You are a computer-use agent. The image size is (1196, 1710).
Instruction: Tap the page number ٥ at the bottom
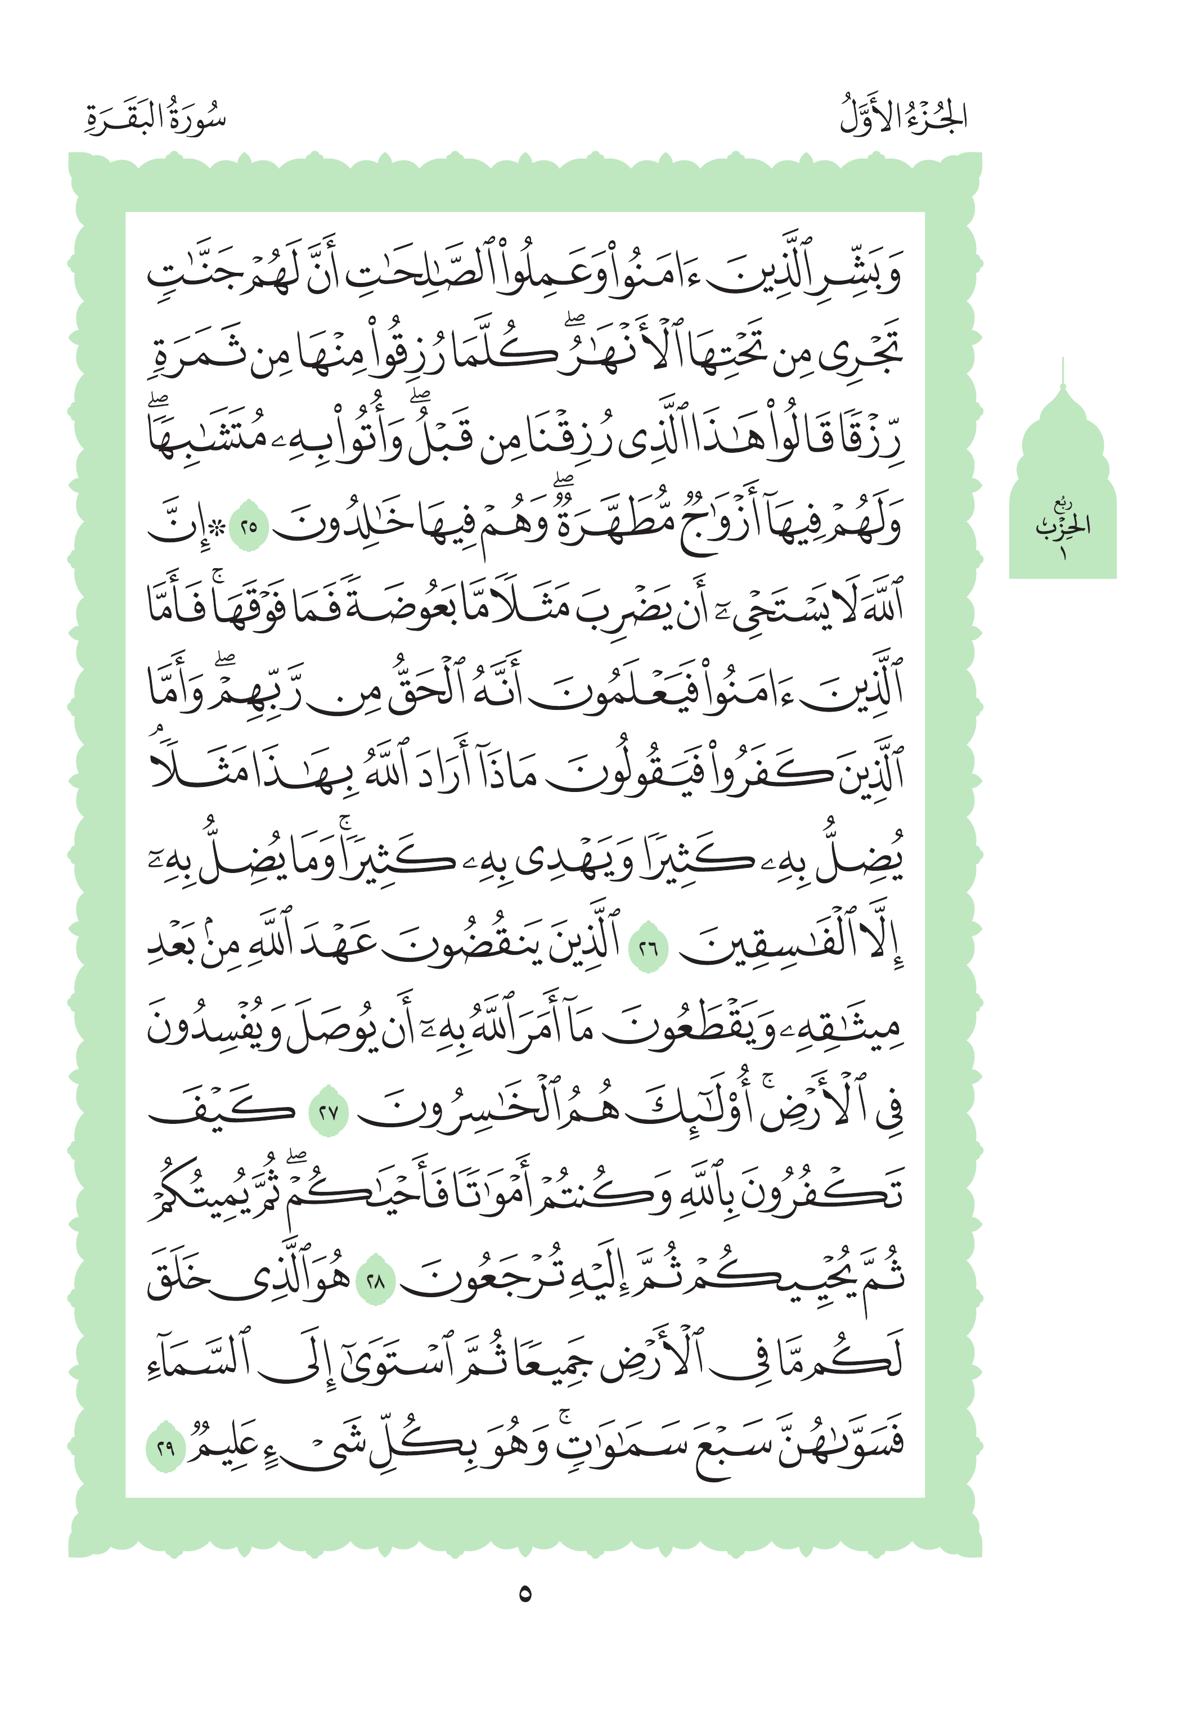point(525,1595)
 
